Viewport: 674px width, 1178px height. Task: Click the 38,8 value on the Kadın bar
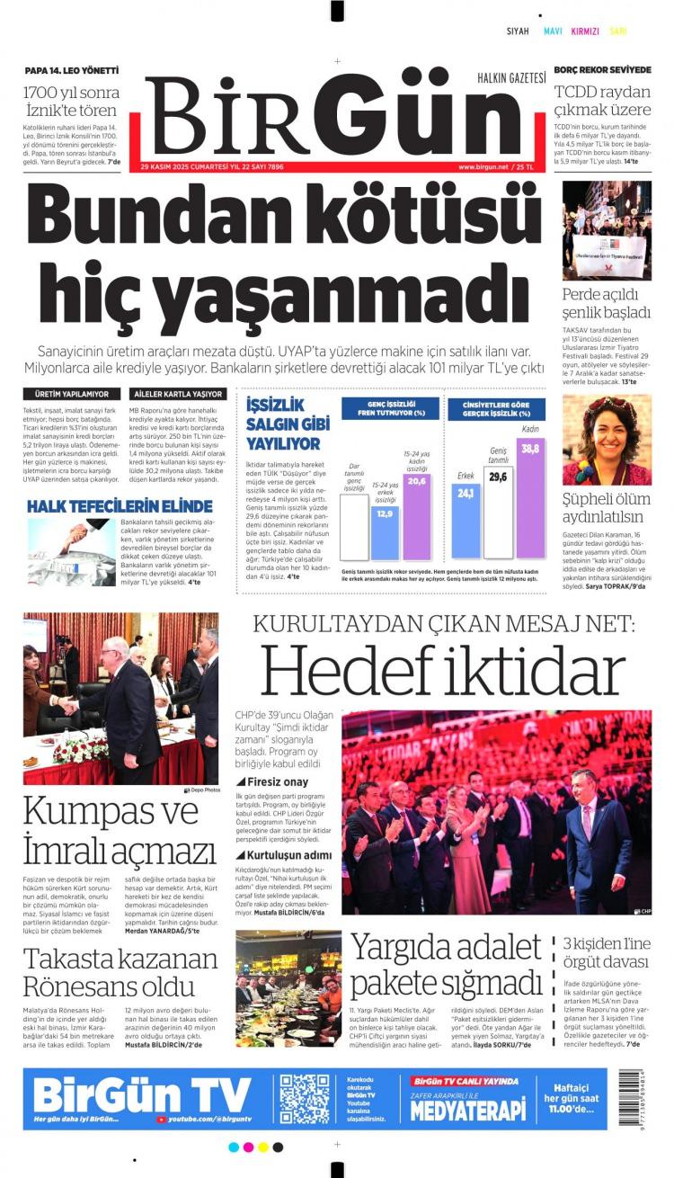[530, 449]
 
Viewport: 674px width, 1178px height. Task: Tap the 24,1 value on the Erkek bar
[466, 493]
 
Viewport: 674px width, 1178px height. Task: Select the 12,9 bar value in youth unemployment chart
[385, 513]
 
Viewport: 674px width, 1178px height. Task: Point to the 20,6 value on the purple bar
[417, 481]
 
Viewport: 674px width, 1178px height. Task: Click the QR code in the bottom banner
[305, 1099]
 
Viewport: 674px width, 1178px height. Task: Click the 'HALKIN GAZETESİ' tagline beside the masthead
[511, 77]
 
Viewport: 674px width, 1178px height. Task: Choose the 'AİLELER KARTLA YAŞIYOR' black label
[178, 394]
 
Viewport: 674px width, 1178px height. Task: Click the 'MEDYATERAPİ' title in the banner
[467, 1111]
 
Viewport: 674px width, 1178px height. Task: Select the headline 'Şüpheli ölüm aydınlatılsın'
[604, 508]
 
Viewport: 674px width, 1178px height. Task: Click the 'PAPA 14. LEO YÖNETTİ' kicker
[71, 70]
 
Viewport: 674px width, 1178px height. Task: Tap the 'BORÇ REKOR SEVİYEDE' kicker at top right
[602, 70]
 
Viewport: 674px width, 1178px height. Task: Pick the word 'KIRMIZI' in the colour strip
[584, 31]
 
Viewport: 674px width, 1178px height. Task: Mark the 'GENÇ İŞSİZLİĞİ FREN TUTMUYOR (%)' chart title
[390, 407]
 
